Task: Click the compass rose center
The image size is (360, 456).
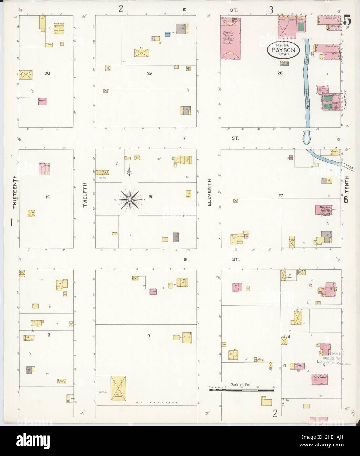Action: coord(130,200)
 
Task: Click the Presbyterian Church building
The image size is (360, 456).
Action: coord(324,210)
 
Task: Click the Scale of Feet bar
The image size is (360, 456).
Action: coord(241,389)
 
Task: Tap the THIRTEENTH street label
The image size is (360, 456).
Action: coord(15,192)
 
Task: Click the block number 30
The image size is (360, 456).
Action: coord(47,73)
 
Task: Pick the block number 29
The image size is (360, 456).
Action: coord(150,73)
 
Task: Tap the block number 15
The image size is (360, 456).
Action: coord(48,197)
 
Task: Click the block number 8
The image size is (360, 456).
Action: coord(49,335)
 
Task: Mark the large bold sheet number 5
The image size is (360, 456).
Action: coord(348,21)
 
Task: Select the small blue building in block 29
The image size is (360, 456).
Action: coord(167,34)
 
